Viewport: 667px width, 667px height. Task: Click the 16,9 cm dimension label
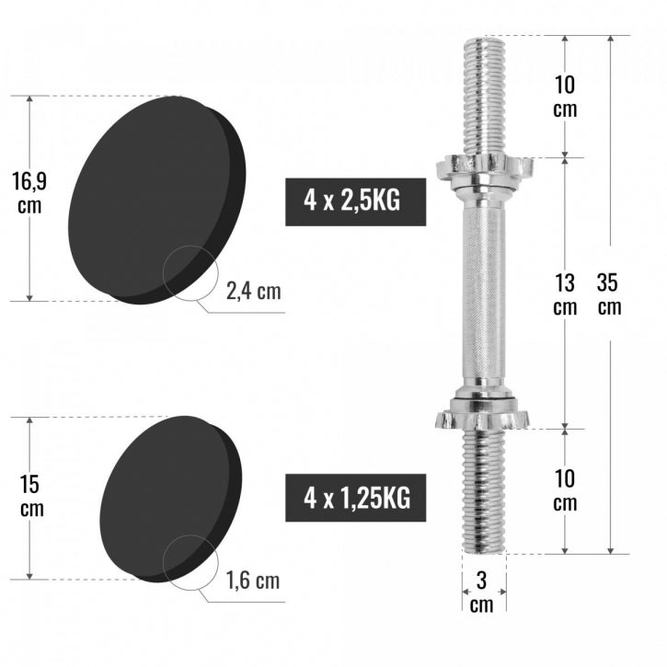[29, 192]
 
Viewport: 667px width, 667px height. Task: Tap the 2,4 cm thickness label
[253, 292]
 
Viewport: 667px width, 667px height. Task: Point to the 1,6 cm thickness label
[253, 581]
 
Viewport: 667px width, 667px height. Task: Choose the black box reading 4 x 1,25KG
[356, 498]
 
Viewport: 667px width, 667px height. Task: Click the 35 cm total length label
[609, 293]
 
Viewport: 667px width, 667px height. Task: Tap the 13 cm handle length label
[565, 294]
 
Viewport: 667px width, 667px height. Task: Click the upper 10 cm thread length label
[565, 97]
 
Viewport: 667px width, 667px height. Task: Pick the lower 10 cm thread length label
[565, 491]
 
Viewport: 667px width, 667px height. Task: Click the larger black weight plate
[147, 193]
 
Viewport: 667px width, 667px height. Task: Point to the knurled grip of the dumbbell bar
[483, 294]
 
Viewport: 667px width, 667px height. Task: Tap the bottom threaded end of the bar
[483, 492]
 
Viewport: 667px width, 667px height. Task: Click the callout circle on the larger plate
[191, 274]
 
